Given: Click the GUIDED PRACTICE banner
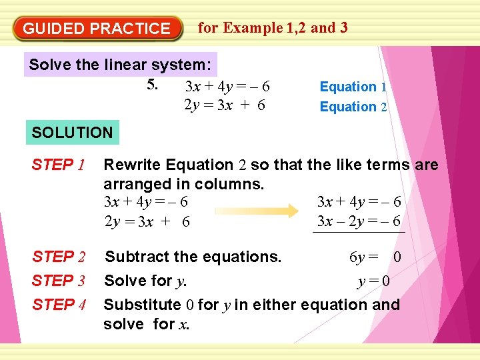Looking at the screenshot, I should coord(97,29).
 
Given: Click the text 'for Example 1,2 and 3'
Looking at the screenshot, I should coord(273,27).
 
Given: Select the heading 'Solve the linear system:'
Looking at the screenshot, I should coord(121,65).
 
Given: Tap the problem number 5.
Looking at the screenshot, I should coord(153,85).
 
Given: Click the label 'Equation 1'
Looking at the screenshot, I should coord(353,87).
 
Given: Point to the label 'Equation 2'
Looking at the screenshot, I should coord(353,107).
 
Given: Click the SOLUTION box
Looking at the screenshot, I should coord(73,132).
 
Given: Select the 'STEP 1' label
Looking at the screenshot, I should coord(57,165).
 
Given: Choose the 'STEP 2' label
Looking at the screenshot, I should coord(59,257).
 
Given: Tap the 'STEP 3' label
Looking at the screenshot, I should coord(59,281).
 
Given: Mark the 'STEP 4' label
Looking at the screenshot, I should coord(59,305).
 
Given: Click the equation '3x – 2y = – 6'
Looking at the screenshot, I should coord(359,221).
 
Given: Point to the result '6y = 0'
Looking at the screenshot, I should coord(375,257).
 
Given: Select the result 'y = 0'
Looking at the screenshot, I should coord(373,281).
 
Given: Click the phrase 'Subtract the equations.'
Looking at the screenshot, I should coord(193,257).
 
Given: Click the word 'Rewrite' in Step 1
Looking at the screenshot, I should coord(132,165).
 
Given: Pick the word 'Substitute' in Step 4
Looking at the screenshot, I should coord(142,305).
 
